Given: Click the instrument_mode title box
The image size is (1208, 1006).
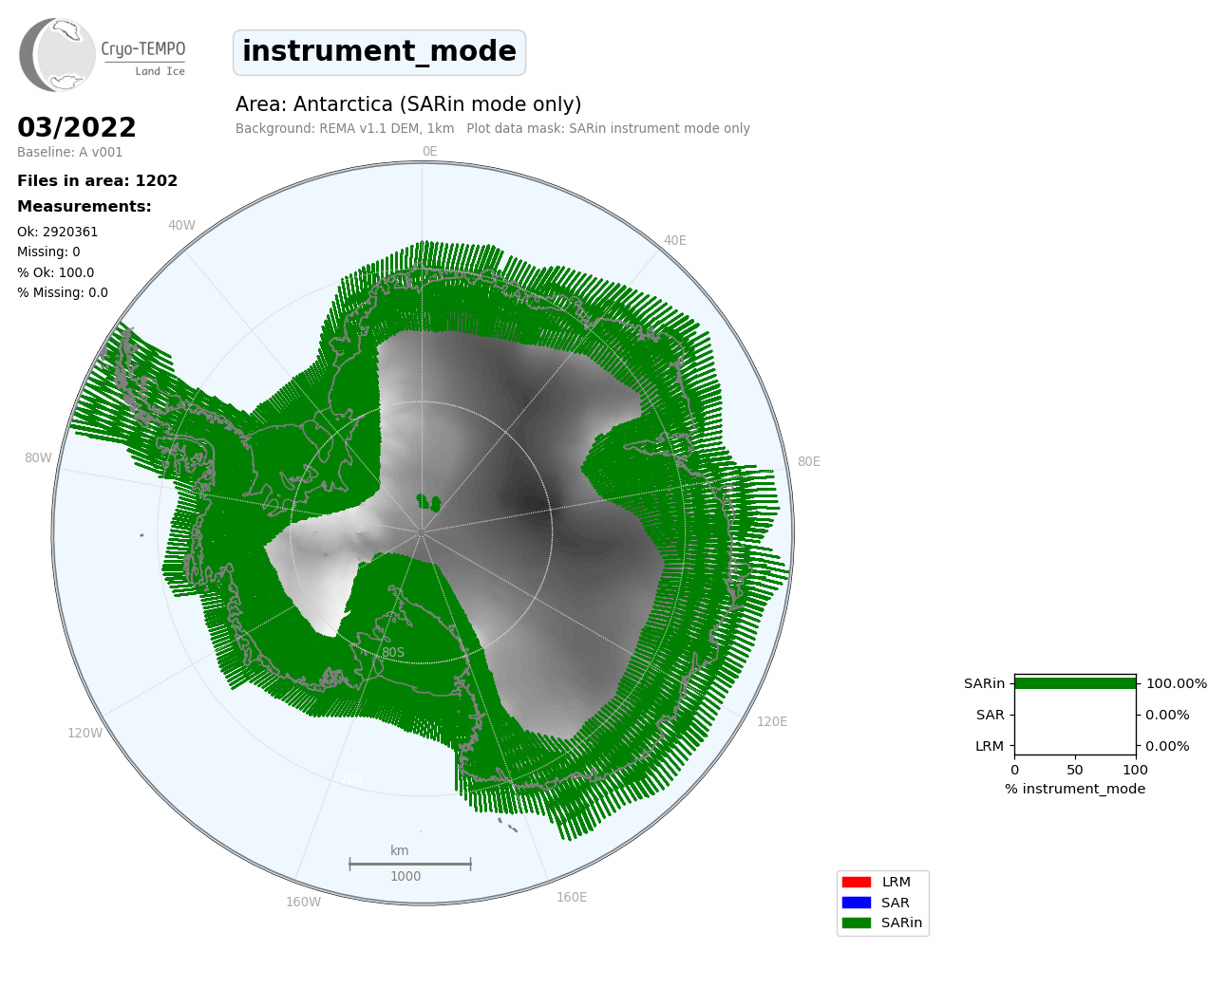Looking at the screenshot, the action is (379, 52).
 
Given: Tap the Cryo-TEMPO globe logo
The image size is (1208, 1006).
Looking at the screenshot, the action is (57, 54).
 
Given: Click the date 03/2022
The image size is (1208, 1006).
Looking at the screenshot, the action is (76, 127).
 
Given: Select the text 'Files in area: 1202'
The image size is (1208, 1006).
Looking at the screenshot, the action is (97, 181).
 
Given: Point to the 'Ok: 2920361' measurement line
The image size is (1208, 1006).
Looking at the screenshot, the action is (57, 232).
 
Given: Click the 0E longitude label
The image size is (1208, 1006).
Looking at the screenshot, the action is (430, 152).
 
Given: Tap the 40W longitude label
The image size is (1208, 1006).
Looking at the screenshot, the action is (181, 226).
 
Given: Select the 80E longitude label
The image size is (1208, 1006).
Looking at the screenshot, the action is (809, 461).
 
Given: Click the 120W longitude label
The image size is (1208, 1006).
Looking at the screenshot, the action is (85, 733).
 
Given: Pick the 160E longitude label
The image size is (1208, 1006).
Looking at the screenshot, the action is (572, 897).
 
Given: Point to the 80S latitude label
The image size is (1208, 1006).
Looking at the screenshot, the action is (393, 652).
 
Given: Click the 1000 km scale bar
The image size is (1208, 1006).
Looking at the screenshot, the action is (410, 865).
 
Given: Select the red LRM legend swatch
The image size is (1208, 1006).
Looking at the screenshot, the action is (857, 883).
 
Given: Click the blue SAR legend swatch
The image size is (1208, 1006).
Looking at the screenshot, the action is (857, 903).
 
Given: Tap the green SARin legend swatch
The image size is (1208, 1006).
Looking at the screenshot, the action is (857, 922).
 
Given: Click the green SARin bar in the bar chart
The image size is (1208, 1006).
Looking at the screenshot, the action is (1075, 683).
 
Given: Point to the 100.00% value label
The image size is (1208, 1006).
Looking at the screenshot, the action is (1176, 683).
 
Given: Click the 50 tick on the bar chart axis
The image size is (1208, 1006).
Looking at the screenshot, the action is (1075, 770).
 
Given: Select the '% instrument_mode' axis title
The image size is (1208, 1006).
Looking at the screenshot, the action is (1075, 789).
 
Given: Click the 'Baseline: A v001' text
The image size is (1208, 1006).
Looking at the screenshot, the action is (70, 152).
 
